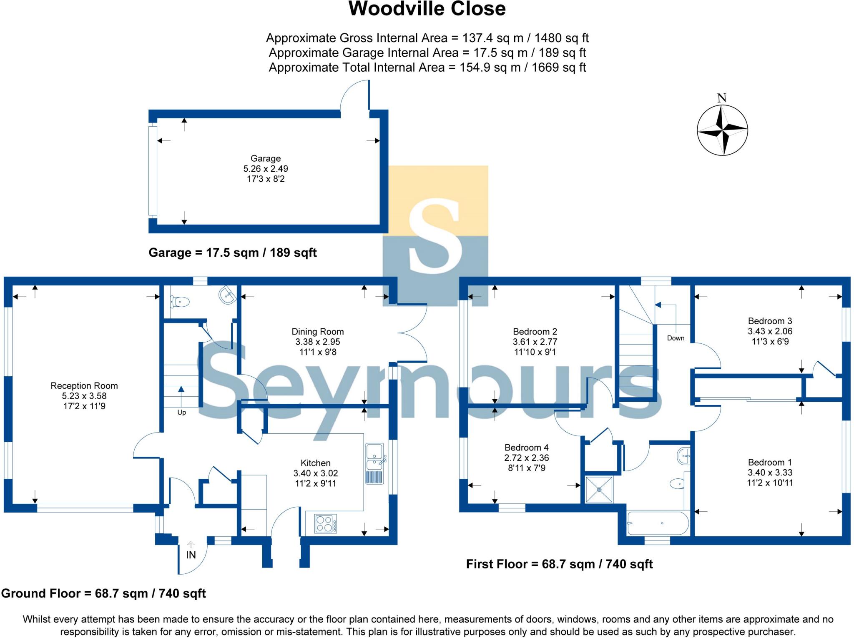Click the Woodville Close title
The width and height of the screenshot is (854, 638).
tap(427, 9)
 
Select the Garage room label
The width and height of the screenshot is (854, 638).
tap(266, 158)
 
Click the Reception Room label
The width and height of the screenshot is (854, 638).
tap(84, 386)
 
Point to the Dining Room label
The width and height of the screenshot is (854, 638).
tap(317, 332)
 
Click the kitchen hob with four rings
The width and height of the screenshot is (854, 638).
tap(325, 524)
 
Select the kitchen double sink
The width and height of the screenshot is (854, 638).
tap(375, 457)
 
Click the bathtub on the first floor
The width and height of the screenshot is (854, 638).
tap(658, 523)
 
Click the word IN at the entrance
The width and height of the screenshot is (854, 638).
tap(191, 555)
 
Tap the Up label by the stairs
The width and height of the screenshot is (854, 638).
tap(182, 413)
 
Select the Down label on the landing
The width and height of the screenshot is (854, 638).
tap(676, 338)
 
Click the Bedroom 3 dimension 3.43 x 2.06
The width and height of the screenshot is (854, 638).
tap(770, 331)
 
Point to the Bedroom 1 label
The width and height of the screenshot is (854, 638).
tap(770, 462)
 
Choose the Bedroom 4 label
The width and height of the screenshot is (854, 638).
tap(526, 448)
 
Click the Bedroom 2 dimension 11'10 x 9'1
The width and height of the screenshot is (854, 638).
tap(535, 352)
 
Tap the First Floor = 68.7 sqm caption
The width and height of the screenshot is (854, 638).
tap(559, 564)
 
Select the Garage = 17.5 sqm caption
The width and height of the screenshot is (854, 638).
tap(233, 253)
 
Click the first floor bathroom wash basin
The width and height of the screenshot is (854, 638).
tap(684, 456)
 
